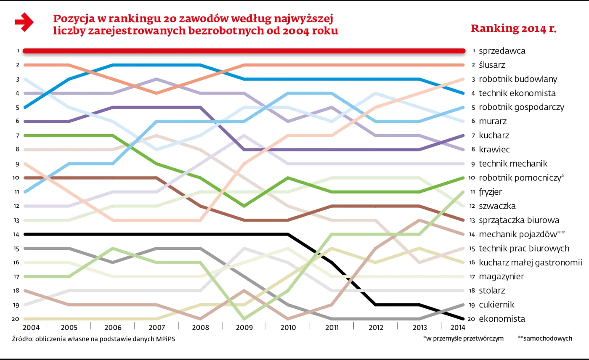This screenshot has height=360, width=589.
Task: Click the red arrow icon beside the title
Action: click(24, 22)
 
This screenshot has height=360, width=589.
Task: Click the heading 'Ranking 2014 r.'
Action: click(513, 29)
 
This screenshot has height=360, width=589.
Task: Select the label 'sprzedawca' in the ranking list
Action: click(502, 51)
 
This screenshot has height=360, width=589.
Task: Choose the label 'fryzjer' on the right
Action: click(491, 192)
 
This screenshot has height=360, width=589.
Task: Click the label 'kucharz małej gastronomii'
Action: click(530, 262)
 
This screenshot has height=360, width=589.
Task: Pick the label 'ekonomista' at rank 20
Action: click(501, 319)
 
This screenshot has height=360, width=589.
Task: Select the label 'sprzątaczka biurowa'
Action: click(519, 220)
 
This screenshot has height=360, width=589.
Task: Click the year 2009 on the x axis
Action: click(244, 328)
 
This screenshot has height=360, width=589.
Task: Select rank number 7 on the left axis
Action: click(18, 135)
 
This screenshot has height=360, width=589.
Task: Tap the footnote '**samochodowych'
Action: click(545, 338)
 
